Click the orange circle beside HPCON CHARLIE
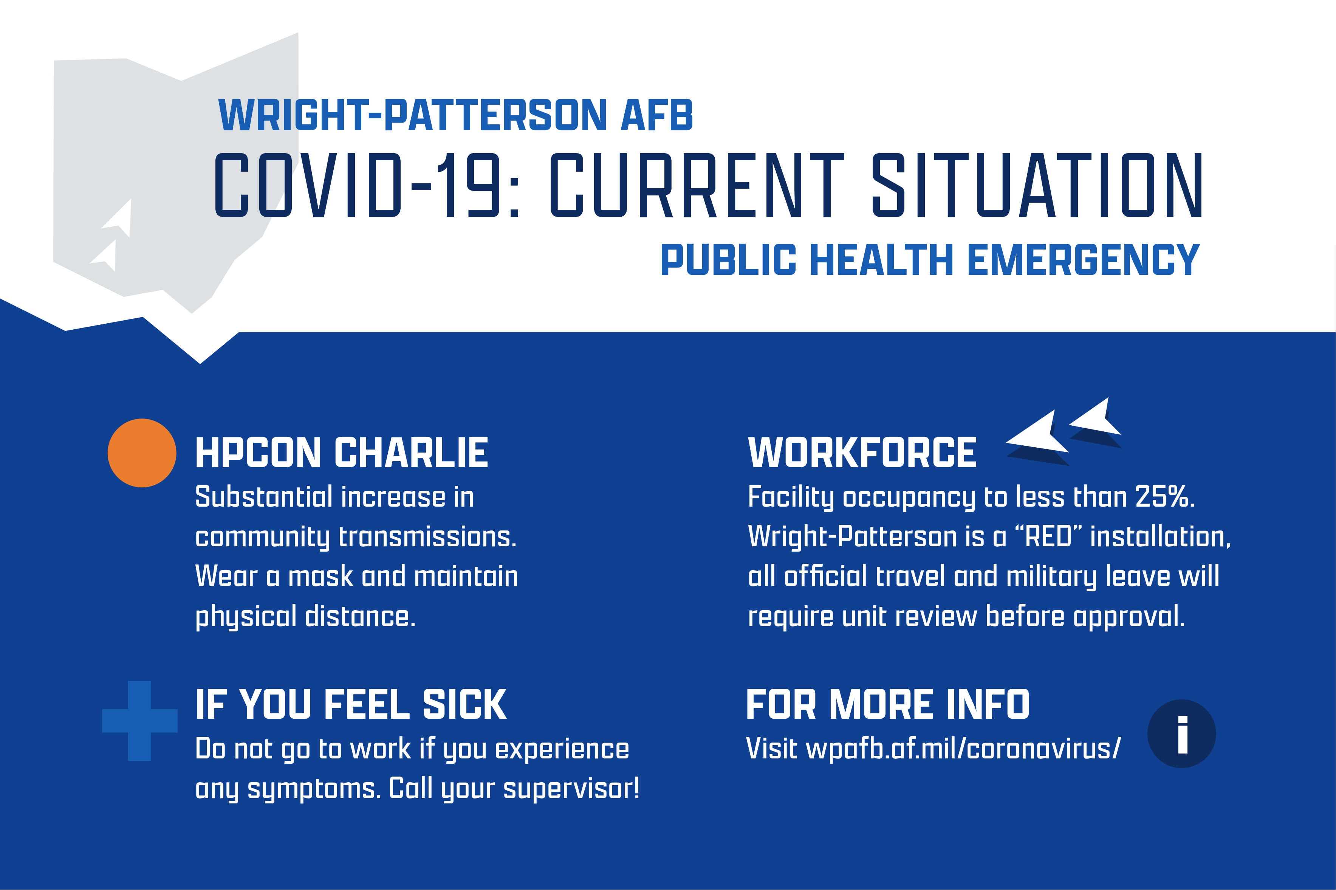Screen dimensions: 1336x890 [142, 453]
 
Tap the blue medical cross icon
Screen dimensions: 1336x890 [139, 721]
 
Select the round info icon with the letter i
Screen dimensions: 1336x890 [1182, 733]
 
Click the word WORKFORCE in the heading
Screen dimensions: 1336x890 [862, 453]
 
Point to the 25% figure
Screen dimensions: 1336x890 [1164, 497]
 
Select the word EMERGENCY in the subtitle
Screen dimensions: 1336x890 [1083, 260]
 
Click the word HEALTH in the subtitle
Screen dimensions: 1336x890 [882, 260]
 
